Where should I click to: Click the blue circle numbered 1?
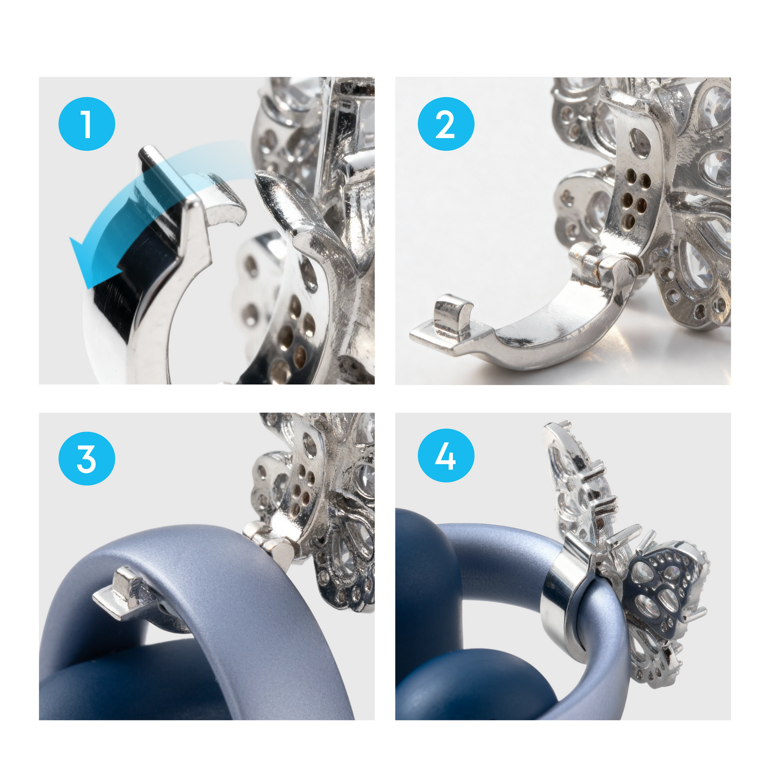[x=86, y=124]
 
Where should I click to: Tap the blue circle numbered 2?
[x=445, y=124]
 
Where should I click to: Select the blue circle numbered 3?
[x=86, y=458]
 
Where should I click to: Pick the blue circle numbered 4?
[x=445, y=456]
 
